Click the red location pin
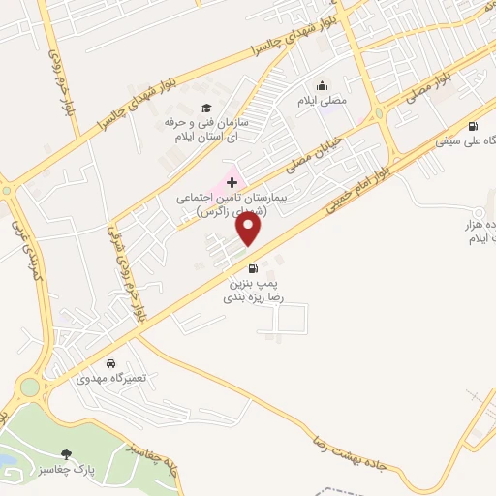tap(250, 230)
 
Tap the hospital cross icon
tap(232, 182)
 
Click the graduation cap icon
tap(205, 108)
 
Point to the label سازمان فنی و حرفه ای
tap(204, 130)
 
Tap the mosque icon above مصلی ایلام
tap(321, 85)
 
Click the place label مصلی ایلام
tap(321, 100)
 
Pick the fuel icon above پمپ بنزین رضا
tap(253, 268)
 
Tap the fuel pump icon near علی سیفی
tap(473, 126)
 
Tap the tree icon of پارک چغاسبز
tap(66, 453)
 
